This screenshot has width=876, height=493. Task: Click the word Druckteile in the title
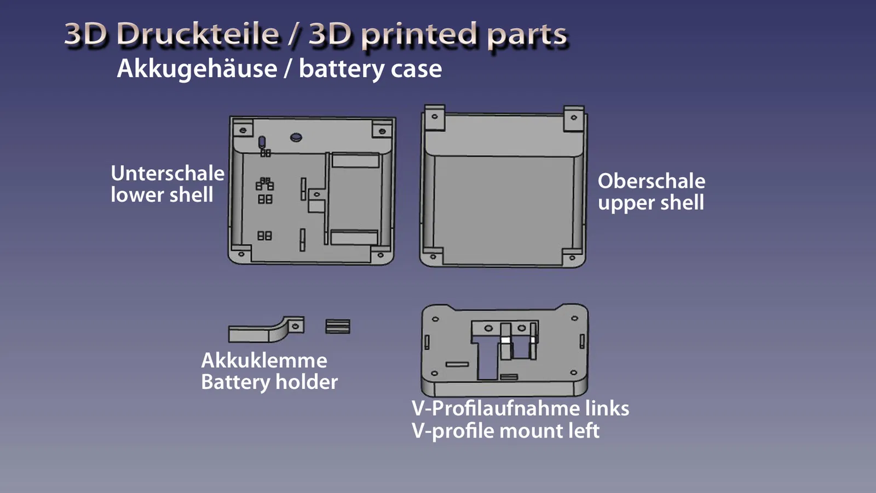(198, 34)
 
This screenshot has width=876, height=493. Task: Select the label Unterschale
(168, 173)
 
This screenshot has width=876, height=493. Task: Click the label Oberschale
(652, 181)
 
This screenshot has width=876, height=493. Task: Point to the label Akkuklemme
(264, 360)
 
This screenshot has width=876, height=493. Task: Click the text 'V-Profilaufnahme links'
(521, 408)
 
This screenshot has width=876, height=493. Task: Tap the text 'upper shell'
(651, 203)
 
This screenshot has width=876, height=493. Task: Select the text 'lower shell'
(162, 194)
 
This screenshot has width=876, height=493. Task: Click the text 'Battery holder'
(269, 382)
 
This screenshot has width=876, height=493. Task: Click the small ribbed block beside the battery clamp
(338, 326)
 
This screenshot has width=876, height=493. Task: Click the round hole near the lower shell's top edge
(296, 137)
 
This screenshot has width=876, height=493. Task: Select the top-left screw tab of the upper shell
(435, 118)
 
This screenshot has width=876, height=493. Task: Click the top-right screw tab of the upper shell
(574, 118)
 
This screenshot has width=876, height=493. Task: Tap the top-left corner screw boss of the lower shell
(243, 130)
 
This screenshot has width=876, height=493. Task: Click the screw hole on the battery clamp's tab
(296, 326)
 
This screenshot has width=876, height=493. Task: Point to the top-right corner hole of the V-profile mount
(574, 318)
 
